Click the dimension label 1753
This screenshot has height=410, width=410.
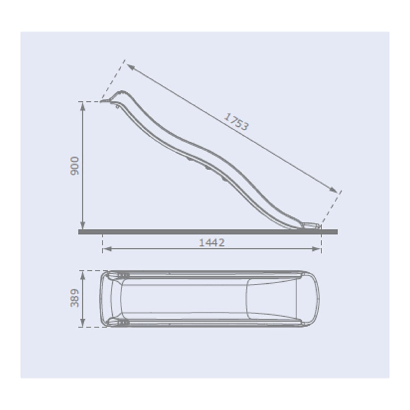236,122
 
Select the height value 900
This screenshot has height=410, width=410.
75,166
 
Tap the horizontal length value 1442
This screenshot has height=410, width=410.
212,243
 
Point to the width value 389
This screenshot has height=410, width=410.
75,298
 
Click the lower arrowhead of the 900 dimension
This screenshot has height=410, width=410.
83,225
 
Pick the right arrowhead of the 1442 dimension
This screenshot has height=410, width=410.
317,249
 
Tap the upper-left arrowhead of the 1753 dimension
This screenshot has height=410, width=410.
131,68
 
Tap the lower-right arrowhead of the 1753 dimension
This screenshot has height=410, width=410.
333,190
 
